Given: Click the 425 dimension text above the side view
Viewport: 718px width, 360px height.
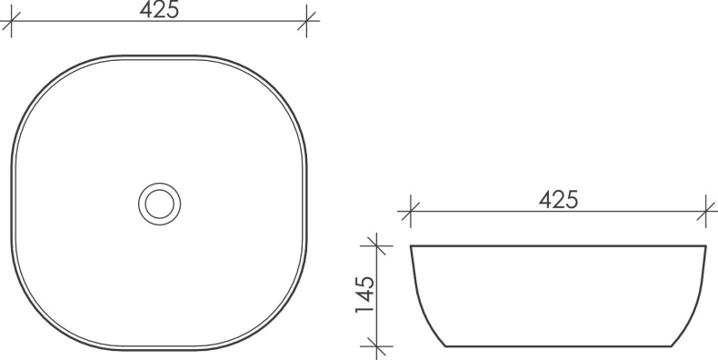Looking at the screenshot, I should (x=558, y=200).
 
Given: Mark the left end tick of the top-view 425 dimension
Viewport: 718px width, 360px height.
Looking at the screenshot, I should (x=11, y=24).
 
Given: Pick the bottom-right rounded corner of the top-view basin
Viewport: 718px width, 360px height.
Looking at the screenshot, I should (x=275, y=318).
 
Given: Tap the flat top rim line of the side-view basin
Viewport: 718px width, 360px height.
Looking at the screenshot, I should (x=558, y=245).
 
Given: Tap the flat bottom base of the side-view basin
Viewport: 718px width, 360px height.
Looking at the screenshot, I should (x=558, y=346).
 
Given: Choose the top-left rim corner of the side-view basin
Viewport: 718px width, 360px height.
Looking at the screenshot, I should (x=411, y=246).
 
